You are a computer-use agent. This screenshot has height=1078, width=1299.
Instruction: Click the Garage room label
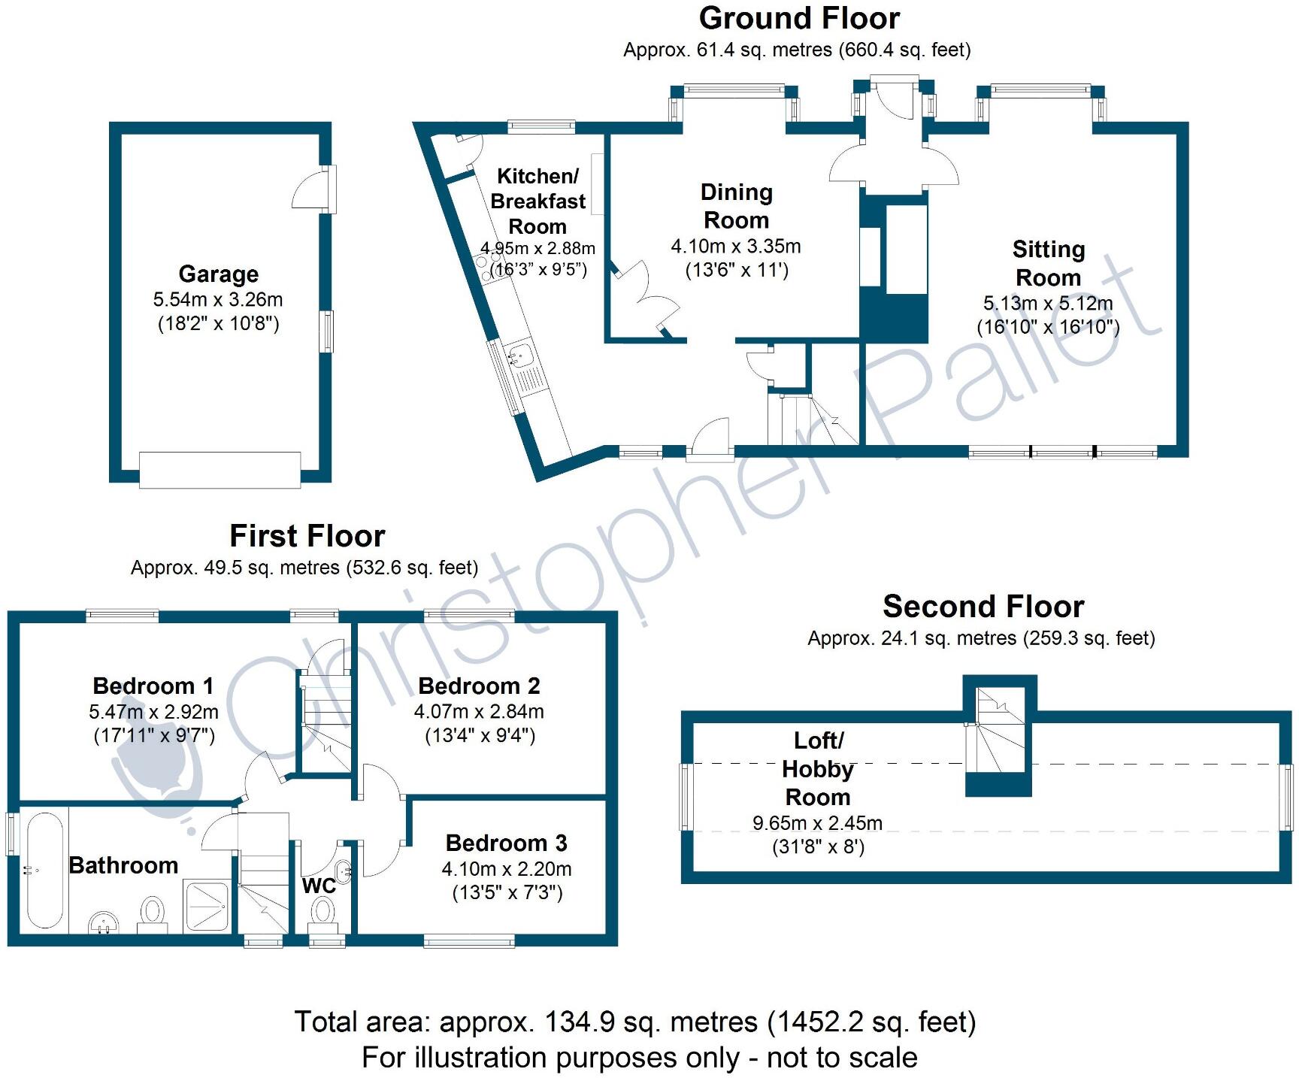tap(218, 274)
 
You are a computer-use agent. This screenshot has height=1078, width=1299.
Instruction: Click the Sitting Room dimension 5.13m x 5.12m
tap(1048, 303)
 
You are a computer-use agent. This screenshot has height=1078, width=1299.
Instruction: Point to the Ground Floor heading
tap(798, 18)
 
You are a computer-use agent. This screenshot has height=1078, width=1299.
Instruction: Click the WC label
tap(318, 886)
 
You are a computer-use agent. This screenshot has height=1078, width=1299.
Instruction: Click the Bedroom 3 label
tap(506, 843)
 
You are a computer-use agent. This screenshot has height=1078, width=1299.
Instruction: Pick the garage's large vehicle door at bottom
tap(220, 469)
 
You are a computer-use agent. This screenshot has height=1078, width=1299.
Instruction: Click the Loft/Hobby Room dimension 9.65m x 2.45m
tap(817, 822)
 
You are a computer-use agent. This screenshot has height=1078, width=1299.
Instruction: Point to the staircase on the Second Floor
tap(998, 733)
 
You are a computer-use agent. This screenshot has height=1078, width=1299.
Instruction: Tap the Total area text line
tap(634, 1022)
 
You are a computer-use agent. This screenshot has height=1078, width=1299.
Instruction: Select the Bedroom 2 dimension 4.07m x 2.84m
tap(479, 711)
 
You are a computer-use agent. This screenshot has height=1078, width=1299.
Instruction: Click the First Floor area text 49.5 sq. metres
tap(304, 568)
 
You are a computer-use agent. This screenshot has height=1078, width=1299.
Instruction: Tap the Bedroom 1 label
tap(153, 686)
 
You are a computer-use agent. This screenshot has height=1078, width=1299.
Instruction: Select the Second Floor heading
tap(983, 606)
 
